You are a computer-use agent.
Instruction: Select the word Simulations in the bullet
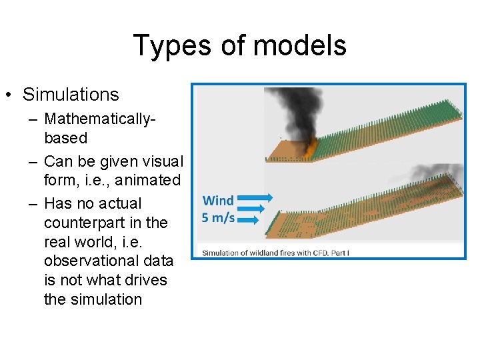pyautogui.click(x=71, y=95)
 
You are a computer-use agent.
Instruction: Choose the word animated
pyautogui.click(x=147, y=180)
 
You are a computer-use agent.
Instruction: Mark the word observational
pyautogui.click(x=87, y=261)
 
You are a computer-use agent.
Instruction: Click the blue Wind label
pyautogui.click(x=218, y=201)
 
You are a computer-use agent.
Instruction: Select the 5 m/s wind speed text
pyautogui.click(x=218, y=218)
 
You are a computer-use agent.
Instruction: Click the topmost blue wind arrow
pyautogui.click(x=255, y=197)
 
